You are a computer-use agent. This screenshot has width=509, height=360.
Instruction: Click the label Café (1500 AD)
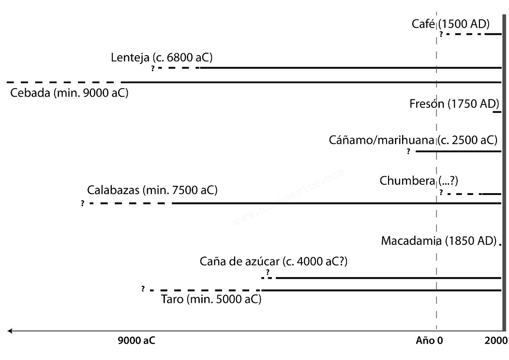pyautogui.click(x=450, y=24)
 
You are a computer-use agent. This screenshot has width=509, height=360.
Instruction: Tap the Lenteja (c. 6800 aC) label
pyautogui.click(x=162, y=58)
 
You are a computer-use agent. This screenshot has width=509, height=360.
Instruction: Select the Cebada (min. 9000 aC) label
pyautogui.click(x=69, y=92)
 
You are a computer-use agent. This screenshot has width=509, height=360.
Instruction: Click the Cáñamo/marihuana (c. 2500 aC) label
pyautogui.click(x=413, y=141)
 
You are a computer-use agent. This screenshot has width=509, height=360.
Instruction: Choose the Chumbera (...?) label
pyautogui.click(x=419, y=181)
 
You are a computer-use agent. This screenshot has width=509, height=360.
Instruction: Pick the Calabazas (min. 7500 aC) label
pyautogui.click(x=152, y=190)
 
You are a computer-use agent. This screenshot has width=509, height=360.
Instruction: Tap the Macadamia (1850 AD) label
pyautogui.click(x=439, y=240)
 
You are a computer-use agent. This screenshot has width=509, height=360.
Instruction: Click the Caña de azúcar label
pyautogui.click(x=274, y=262)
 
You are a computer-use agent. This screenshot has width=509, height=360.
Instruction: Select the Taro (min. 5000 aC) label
pyautogui.click(x=211, y=300)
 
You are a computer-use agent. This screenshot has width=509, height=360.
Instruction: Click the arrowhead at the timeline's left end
pyautogui.click(x=10, y=331)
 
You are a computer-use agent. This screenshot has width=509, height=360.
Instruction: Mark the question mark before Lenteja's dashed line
pyautogui.click(x=153, y=68)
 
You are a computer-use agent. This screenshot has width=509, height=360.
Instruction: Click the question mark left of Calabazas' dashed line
pyautogui.click(x=83, y=204)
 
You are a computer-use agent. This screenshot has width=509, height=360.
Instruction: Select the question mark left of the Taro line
pyautogui.click(x=143, y=289)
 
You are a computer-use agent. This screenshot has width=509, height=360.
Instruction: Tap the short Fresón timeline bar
pyautogui.click(x=497, y=112)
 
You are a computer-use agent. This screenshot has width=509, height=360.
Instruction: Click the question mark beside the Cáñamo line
pyautogui.click(x=408, y=152)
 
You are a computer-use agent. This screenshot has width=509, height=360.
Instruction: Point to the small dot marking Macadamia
pyautogui.click(x=499, y=244)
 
